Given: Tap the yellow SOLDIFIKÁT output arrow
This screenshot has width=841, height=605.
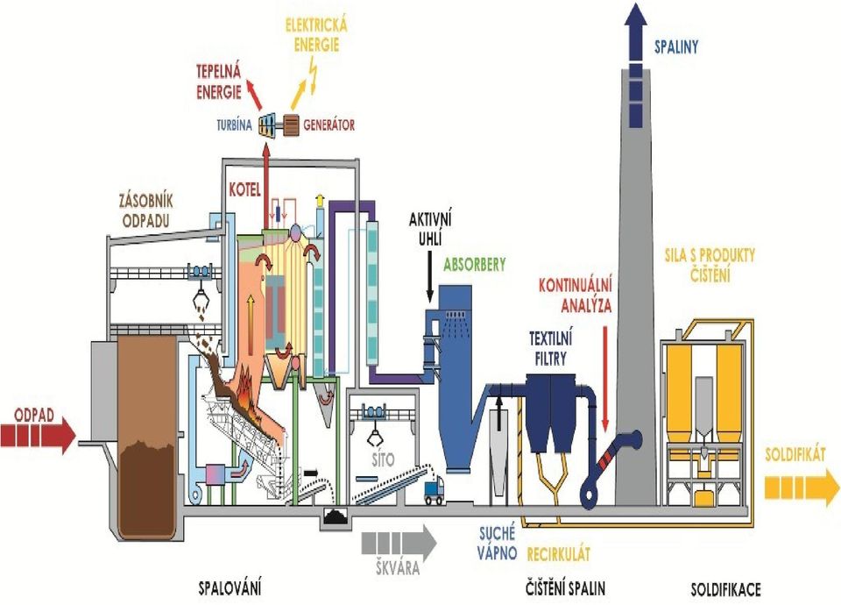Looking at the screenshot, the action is pos(802,488).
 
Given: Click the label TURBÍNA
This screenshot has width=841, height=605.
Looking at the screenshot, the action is pos(235,125).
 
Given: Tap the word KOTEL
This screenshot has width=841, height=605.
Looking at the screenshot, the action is pos(244,190).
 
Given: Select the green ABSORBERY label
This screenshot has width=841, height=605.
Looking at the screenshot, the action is pos(475,265).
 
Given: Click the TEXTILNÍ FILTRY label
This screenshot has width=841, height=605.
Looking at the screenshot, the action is pos(551,349).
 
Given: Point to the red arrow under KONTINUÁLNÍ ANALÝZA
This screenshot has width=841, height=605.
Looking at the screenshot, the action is pos(605,379).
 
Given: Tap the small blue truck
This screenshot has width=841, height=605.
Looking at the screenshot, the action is pos(434,490).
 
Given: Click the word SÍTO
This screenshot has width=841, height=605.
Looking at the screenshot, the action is pos(384,459).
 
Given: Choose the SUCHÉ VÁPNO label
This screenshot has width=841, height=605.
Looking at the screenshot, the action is pos(498,543).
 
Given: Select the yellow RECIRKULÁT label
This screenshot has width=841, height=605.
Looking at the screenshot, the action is pos(558,553).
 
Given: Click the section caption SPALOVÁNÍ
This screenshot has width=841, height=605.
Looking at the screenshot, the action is pos(230,589).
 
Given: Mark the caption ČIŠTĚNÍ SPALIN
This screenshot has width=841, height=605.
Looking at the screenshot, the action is pos(565,588).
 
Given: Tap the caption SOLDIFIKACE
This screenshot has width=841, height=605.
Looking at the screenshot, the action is pos(725,590).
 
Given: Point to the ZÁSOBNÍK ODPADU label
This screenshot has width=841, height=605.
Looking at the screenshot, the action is pos(146,211).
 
